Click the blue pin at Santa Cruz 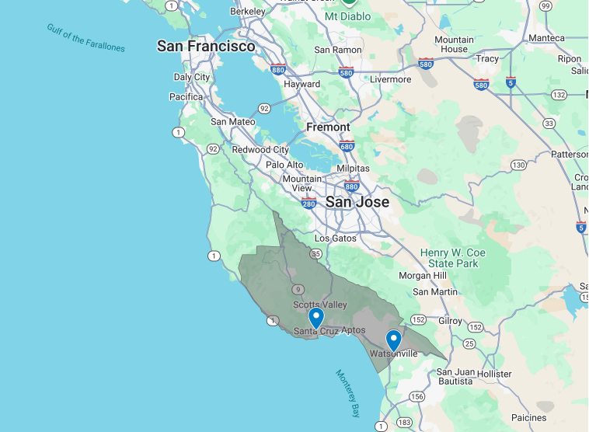tap(315, 318)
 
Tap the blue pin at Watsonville tap(393, 340)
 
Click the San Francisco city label tap(206, 46)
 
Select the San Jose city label tap(357, 202)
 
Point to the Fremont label tap(328, 127)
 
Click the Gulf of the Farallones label tap(85, 38)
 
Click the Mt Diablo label tap(347, 16)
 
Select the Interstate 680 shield tap(347, 145)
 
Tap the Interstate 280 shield tap(308, 204)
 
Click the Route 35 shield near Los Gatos tap(316, 253)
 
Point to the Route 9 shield tap(298, 289)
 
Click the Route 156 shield tap(416, 396)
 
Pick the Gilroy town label tap(450, 321)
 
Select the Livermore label tap(390, 79)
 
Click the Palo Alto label tap(284, 165)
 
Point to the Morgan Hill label tap(422, 276)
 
